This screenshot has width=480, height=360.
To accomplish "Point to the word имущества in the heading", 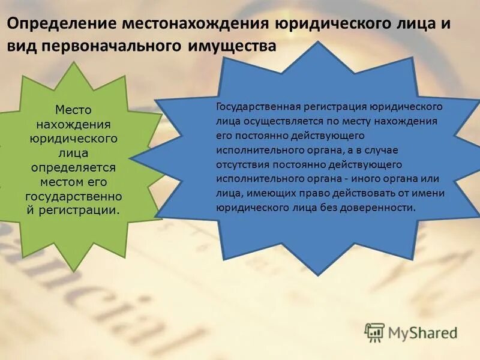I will pos(234,46).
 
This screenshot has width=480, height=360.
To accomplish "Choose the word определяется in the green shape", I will pos(73,167).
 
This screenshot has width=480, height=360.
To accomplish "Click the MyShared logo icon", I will pos(375,332).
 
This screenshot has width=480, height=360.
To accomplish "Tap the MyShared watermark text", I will pos(424,332).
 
